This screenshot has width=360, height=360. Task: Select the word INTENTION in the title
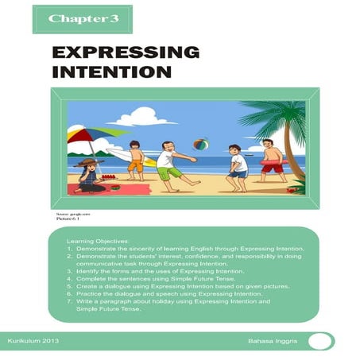tap(112, 73)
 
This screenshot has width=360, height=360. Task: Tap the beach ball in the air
tap(199, 145)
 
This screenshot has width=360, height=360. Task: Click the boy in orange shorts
tap(135, 158)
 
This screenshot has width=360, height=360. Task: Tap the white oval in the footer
tap(322, 342)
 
